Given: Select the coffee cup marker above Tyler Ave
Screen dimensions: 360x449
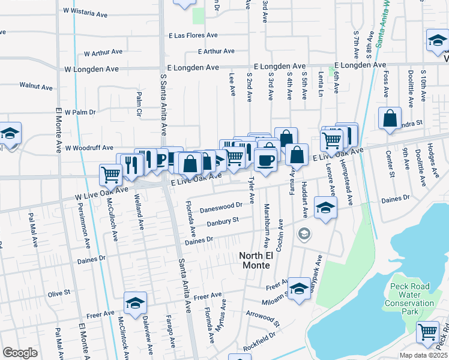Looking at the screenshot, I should [x=265, y=160].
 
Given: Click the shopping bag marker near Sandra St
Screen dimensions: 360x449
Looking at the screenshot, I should [x=390, y=119].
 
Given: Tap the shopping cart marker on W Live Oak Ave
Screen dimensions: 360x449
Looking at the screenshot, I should [x=110, y=175].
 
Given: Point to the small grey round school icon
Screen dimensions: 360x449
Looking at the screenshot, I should [x=304, y=233].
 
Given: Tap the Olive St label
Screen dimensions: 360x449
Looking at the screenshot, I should [x=59, y=293].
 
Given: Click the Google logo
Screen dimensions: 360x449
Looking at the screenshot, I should [x=20, y=353].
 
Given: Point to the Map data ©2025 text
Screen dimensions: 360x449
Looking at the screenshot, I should [x=423, y=355].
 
